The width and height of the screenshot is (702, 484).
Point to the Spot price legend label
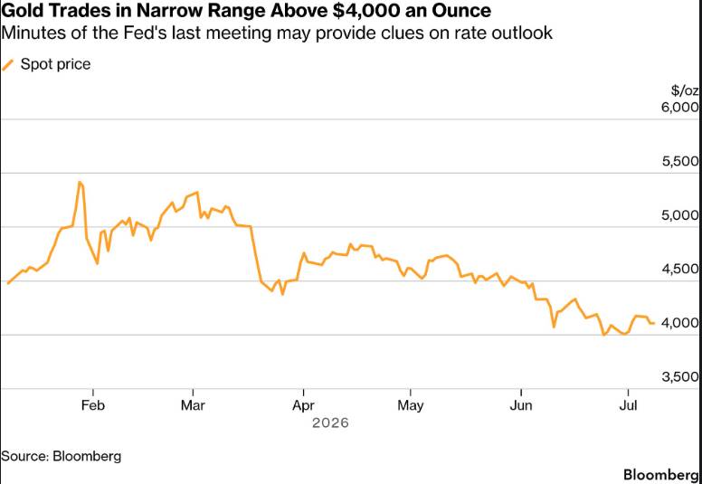tap(55, 64)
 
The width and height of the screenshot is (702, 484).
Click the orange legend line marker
tap(8, 64)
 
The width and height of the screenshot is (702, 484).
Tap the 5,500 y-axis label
tap(680, 162)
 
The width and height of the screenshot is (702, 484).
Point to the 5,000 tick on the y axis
tap(680, 215)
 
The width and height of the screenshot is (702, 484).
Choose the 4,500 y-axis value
tap(680, 269)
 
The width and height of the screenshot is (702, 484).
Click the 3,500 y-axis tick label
tap(680, 377)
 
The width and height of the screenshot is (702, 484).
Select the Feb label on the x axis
tap(92, 405)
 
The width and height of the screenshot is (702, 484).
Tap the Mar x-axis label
tap(193, 405)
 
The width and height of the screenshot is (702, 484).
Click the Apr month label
tap(304, 405)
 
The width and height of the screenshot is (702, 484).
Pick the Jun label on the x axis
tap(522, 405)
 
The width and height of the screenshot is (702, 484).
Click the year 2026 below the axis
tap(330, 423)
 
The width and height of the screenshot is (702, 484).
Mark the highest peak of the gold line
tap(80, 182)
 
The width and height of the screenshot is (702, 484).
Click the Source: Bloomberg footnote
tap(62, 456)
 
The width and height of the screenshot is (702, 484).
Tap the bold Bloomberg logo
tap(662, 474)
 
